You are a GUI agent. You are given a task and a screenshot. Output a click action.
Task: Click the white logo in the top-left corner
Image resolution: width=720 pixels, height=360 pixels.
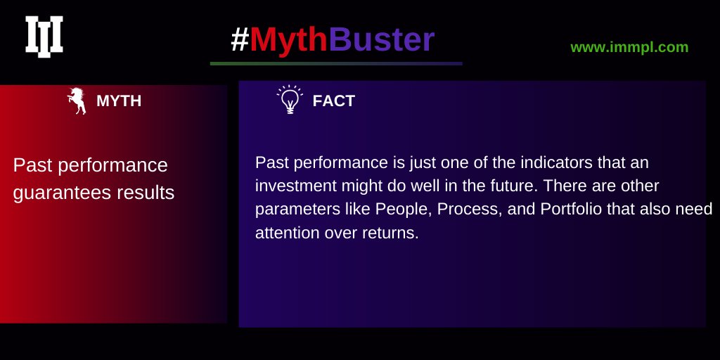click(x=44, y=37)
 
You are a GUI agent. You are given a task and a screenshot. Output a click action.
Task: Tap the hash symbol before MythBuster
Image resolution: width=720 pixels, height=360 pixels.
click(x=240, y=40)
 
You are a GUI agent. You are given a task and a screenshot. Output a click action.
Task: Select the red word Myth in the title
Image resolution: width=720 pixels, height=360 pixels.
click(x=288, y=40)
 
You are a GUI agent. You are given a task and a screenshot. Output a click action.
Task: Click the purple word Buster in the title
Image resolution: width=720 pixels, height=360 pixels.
click(x=382, y=40)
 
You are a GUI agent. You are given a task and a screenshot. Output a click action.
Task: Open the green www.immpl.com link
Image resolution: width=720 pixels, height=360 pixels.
click(x=629, y=47)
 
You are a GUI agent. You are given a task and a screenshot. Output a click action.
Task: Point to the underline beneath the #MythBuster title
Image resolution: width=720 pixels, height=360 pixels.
click(x=336, y=63)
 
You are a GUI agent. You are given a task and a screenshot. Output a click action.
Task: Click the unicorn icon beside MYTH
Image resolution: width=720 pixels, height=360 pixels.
click(x=77, y=101)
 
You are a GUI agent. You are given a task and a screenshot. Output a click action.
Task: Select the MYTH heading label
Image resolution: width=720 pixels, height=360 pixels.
click(x=119, y=101)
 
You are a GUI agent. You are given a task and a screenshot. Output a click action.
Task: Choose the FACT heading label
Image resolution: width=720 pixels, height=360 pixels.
click(x=333, y=101)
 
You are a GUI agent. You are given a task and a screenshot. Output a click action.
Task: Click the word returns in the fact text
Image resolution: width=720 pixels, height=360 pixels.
click(x=390, y=233)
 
